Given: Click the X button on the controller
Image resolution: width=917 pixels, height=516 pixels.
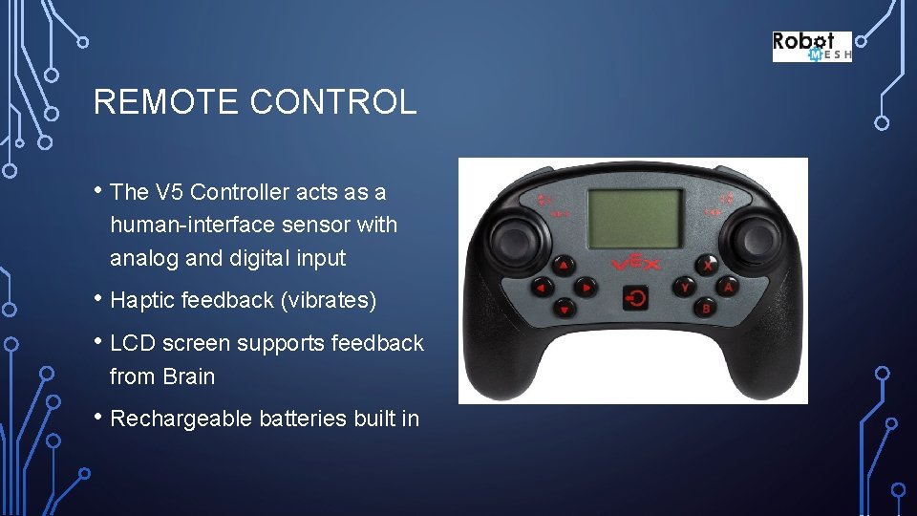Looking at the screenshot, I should (x=706, y=264).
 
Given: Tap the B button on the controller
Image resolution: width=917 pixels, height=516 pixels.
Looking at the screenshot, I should (x=706, y=308).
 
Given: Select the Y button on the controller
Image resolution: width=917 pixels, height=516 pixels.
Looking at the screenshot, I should (x=684, y=286).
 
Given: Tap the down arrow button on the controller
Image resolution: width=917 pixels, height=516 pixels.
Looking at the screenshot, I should (x=565, y=309).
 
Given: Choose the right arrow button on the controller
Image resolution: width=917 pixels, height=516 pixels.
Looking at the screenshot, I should (x=586, y=287).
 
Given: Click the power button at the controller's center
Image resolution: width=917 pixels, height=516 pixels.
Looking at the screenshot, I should (x=635, y=297).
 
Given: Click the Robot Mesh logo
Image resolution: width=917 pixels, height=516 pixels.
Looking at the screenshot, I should (x=811, y=47).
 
